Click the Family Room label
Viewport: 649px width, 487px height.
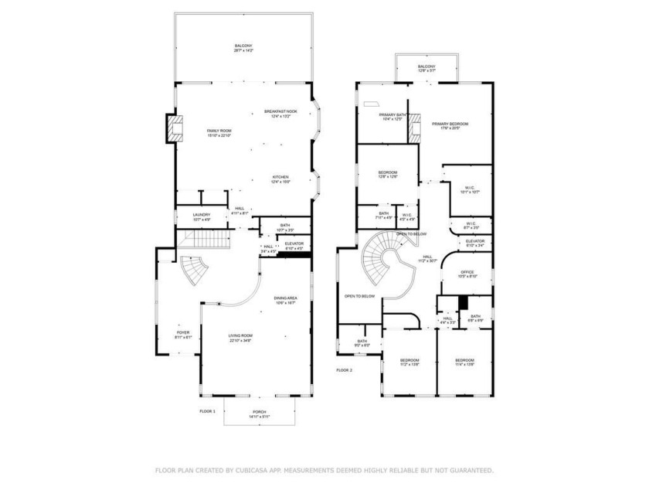219,133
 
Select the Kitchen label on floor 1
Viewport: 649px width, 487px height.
280,179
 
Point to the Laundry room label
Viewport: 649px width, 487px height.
202,216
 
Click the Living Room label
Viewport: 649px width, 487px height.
240,337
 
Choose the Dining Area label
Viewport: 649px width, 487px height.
285,300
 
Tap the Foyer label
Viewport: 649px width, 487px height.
183,335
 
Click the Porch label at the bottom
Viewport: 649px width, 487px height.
259,414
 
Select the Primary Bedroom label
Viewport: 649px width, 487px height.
450,126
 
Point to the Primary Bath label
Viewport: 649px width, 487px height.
393,117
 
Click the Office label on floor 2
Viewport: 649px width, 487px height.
467,274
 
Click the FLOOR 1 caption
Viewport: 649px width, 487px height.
208,410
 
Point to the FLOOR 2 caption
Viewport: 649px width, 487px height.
344,370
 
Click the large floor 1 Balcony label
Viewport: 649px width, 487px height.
243,48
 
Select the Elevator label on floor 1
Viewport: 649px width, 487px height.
294,246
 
